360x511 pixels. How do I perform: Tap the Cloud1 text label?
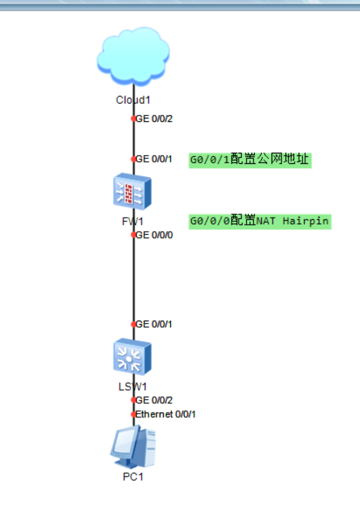[133, 100]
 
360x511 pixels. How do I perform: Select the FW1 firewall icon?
[132, 191]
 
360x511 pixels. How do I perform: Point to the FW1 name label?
[133, 222]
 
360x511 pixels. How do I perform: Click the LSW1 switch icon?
[132, 357]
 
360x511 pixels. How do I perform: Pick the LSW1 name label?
[133, 387]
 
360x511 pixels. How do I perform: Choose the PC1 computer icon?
[133, 447]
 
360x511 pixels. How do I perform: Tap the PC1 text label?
[133, 477]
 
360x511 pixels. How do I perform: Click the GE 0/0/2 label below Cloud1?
[154, 118]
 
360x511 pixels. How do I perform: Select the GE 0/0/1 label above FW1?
[153, 159]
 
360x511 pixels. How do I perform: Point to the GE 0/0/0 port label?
[154, 235]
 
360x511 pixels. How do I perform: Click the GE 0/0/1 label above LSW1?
[153, 324]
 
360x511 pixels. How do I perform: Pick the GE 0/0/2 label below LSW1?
[154, 400]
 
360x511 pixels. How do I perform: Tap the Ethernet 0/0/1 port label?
[165, 414]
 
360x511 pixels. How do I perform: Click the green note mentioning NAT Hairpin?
[260, 222]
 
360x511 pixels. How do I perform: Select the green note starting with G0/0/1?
[250, 160]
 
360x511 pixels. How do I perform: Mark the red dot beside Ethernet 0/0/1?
[133, 415]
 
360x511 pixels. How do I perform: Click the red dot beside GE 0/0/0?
[133, 235]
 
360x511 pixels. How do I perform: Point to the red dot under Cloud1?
[133, 118]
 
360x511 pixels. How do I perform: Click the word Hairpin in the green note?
[306, 222]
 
